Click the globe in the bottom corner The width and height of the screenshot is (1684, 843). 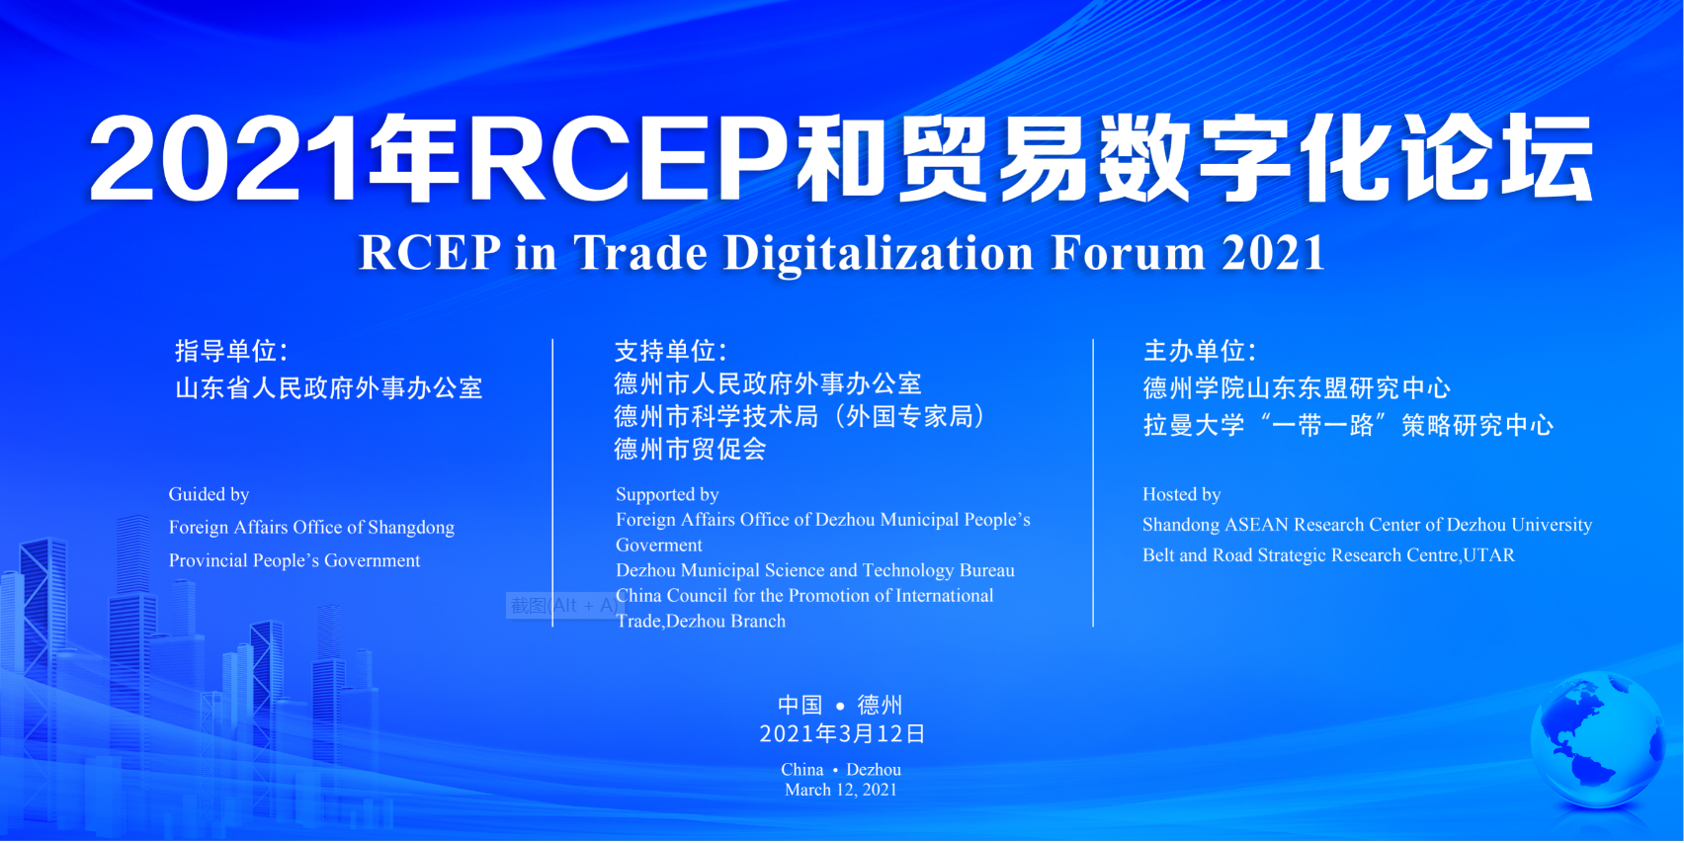1598,740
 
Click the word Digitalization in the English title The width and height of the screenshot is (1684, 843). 879,253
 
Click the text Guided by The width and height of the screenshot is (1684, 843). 209,495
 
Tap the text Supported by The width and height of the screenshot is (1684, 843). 668,495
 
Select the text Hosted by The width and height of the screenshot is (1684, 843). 1182,495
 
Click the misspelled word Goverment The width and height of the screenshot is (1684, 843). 658,546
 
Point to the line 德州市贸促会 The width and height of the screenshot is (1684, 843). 690,449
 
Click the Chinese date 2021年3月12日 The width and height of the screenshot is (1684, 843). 842,734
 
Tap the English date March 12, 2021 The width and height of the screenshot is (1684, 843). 841,790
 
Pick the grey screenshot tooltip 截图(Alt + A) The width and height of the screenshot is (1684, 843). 562,606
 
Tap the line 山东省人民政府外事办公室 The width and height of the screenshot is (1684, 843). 328,388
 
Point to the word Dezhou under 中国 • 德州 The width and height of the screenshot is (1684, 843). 874,770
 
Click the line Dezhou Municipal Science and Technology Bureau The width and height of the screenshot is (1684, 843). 815,571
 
